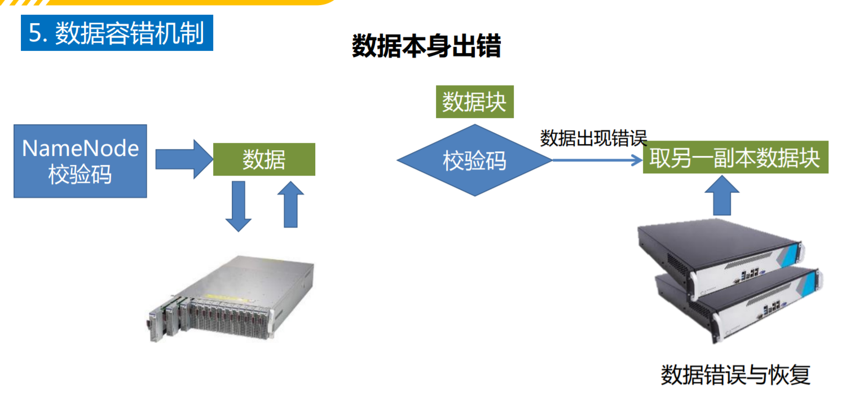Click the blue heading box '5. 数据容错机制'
[117, 33]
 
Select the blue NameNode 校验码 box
[80, 161]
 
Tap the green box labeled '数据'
[263, 160]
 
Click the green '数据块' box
[474, 102]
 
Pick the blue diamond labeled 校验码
[474, 161]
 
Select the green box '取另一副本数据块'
[735, 158]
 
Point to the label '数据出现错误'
[593, 138]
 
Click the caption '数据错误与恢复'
[735, 376]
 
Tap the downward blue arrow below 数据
[238, 206]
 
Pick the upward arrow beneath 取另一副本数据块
[722, 194]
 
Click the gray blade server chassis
[231, 299]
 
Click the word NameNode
[80, 149]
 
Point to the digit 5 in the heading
[35, 34]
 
